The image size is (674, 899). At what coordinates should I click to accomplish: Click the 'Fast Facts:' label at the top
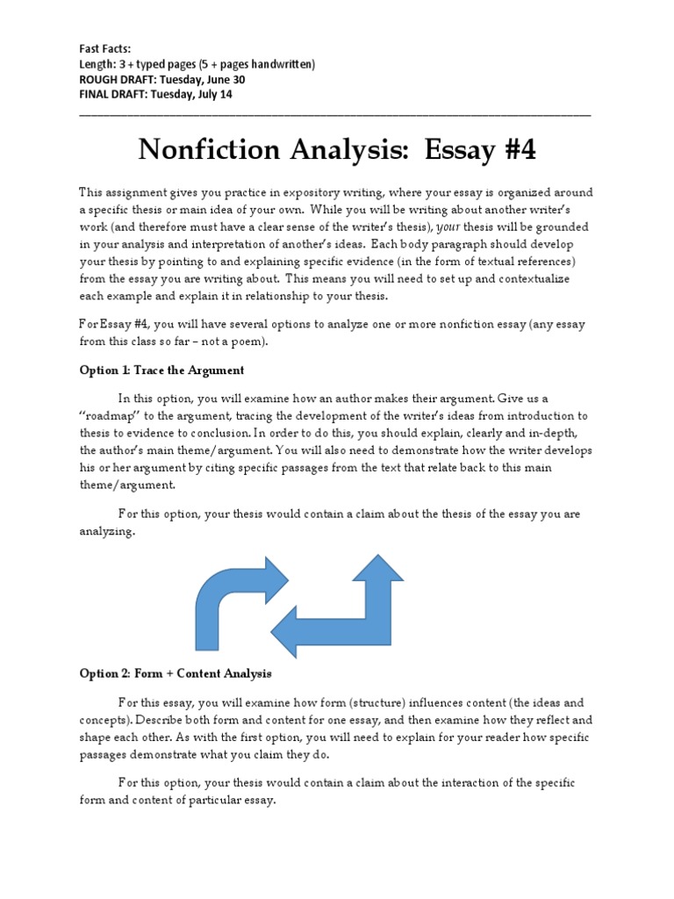coord(104,49)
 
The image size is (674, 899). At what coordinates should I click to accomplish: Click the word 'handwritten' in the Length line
coord(275,64)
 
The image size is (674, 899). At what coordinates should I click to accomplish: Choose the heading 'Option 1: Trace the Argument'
coord(161,370)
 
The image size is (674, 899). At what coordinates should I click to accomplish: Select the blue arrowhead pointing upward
coord(376,568)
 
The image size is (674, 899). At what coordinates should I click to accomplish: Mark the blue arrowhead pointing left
coord(290,629)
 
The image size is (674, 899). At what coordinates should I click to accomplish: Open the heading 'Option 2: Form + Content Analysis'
coord(175,673)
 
